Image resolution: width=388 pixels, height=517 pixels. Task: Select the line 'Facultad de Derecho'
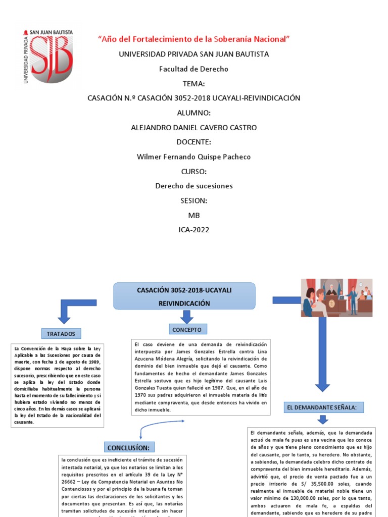(x=193, y=69)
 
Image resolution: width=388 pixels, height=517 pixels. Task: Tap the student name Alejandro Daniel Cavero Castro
(x=193, y=127)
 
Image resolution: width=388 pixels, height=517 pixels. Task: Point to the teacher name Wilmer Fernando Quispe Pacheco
(x=193, y=157)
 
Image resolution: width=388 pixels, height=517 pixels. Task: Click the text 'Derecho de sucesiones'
(x=193, y=186)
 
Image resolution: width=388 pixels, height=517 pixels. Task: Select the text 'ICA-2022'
(x=193, y=230)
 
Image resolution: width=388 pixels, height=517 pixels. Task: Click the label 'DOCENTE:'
(x=193, y=142)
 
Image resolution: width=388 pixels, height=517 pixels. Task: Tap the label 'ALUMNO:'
(x=193, y=113)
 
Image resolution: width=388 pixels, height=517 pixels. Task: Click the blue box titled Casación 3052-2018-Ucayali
(x=184, y=296)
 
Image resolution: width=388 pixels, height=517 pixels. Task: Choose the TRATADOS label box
(x=61, y=334)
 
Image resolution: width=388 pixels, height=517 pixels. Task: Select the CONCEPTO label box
(x=186, y=330)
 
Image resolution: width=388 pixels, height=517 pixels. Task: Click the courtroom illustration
(x=336, y=297)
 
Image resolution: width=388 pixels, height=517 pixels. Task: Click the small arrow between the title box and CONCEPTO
(x=187, y=317)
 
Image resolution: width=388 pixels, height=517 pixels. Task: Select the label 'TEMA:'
(x=193, y=83)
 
